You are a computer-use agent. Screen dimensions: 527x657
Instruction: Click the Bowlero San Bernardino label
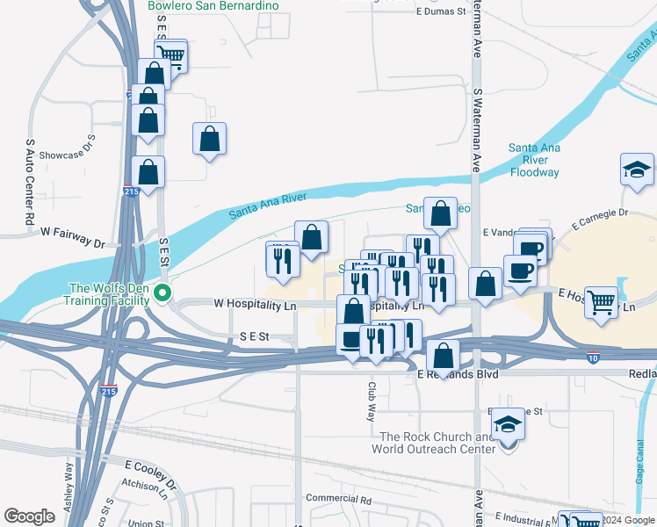213,6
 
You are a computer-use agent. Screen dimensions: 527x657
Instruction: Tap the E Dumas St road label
440,11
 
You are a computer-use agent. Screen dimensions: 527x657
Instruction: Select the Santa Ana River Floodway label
534,161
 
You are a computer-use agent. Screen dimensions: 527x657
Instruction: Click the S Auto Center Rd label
30,181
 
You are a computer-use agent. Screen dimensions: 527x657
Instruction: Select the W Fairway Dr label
72,232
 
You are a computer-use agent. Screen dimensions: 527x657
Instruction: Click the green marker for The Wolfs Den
162,293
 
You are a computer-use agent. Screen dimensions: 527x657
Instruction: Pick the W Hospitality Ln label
256,305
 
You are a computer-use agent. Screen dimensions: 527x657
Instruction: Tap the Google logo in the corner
29,516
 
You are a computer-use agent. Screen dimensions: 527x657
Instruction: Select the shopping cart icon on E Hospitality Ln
602,303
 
